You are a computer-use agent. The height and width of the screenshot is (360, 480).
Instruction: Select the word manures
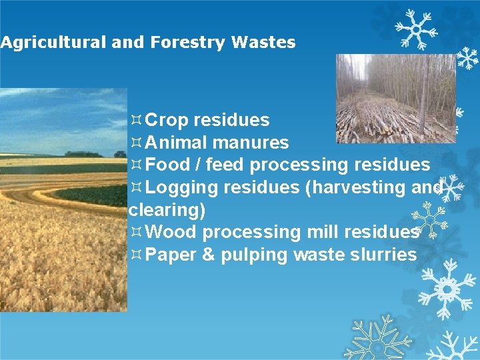[251, 143]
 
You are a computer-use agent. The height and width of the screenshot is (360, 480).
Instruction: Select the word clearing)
[167, 210]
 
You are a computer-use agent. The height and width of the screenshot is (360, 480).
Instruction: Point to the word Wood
[171, 232]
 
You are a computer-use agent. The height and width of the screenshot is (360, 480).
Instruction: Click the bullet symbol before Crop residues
[136, 121]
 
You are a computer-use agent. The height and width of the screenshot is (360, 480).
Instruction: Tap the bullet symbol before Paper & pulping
[136, 255]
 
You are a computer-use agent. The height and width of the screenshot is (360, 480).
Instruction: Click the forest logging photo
[395, 98]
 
